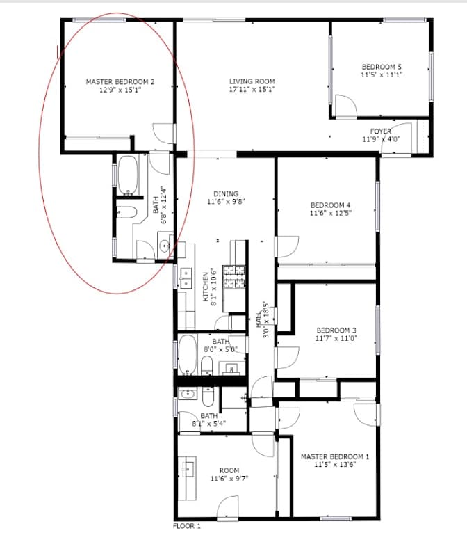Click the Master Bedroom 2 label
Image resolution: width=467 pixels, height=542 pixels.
(x=120, y=82)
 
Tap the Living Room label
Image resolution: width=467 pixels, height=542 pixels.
(x=252, y=81)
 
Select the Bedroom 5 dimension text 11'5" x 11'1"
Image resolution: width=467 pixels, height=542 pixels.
(x=382, y=74)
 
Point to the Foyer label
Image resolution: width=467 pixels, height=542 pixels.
(x=381, y=131)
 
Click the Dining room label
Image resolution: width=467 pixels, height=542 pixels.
(x=226, y=193)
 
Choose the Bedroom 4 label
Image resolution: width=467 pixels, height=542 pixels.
(x=330, y=205)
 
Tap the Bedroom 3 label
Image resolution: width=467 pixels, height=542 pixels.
(x=336, y=330)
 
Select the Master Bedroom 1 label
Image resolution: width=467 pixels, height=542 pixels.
(x=335, y=456)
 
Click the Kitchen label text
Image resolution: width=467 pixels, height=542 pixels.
(x=206, y=287)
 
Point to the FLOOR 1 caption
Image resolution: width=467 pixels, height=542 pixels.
(x=187, y=526)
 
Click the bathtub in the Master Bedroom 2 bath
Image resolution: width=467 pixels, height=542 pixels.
(x=128, y=175)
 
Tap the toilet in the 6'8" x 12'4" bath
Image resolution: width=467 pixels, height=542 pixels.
(x=126, y=212)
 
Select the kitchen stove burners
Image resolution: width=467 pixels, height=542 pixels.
(x=234, y=276)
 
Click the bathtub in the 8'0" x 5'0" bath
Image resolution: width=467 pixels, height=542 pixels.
(x=188, y=355)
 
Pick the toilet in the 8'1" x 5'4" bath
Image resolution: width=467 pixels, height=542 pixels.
(x=208, y=397)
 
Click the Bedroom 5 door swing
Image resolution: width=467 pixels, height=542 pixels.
(x=346, y=106)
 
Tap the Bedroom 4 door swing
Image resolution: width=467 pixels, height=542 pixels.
(x=287, y=247)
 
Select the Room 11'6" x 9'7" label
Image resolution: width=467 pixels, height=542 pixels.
(x=229, y=475)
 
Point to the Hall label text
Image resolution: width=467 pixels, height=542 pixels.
(x=259, y=319)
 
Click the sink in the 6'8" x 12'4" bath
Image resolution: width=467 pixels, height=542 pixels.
(x=165, y=246)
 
